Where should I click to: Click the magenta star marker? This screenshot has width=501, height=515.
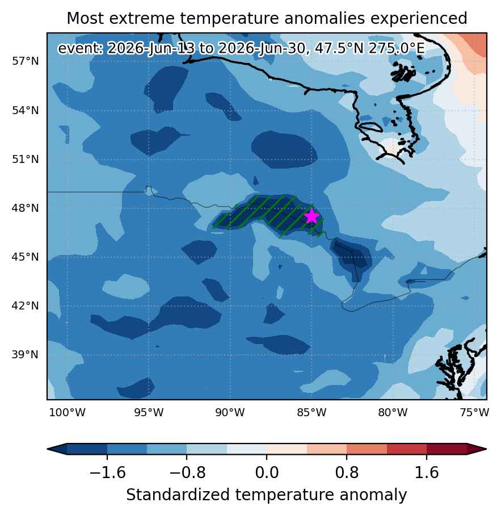[x=311, y=216]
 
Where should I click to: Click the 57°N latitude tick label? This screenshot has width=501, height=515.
[x=26, y=61]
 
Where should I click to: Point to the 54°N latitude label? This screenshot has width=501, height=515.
[x=26, y=110]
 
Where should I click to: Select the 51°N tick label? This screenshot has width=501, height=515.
[x=26, y=160]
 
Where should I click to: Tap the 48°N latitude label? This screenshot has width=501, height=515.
[x=26, y=208]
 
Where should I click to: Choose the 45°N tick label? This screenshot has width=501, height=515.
[x=26, y=257]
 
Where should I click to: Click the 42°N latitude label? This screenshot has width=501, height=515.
[x=26, y=306]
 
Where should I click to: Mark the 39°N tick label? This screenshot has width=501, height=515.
[x=26, y=355]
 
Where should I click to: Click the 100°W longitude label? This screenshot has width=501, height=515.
[x=68, y=413]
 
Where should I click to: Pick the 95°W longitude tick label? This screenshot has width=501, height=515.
[x=149, y=413]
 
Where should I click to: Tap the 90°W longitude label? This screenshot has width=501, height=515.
[x=230, y=413]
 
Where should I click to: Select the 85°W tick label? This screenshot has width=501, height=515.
[x=311, y=413]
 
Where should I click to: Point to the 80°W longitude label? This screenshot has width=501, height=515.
[x=393, y=413]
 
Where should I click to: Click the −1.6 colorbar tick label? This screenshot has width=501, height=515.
[x=107, y=473]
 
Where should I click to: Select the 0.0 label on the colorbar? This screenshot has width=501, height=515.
[x=267, y=473]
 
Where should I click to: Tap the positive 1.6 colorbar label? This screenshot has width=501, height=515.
[x=427, y=473]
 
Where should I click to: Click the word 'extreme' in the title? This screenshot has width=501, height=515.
[x=142, y=18]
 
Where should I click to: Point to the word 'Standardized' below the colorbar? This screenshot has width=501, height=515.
[x=178, y=495]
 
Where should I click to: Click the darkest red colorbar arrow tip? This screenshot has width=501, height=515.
[x=486, y=449]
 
